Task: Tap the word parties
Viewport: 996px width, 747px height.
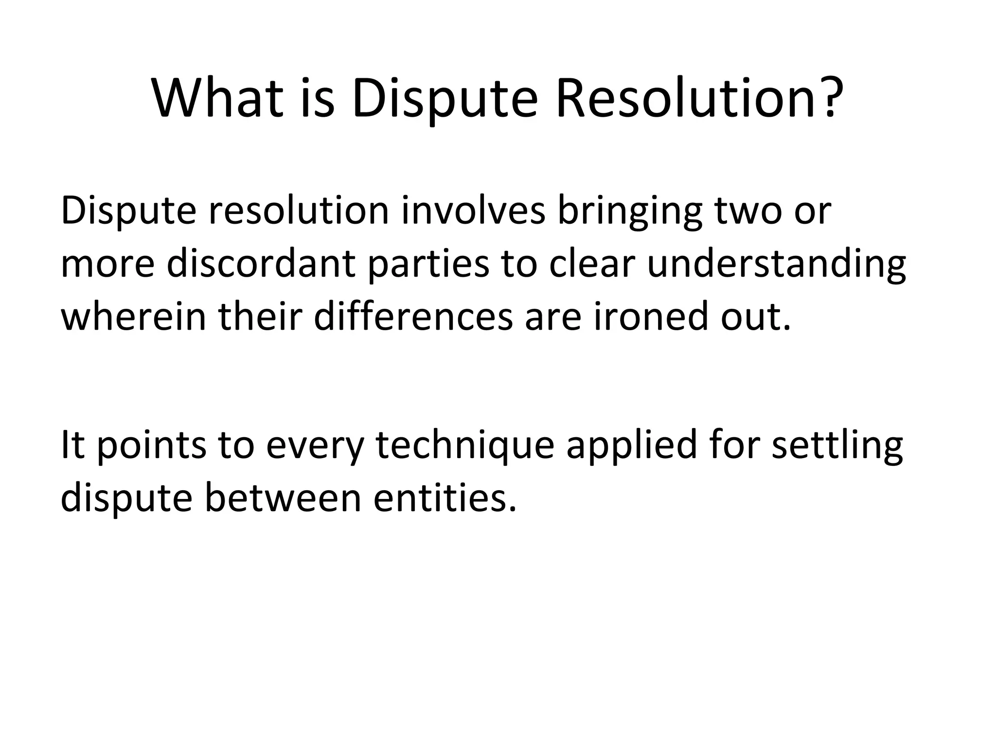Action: [x=428, y=267]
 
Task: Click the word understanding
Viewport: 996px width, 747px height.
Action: [x=776, y=267]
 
